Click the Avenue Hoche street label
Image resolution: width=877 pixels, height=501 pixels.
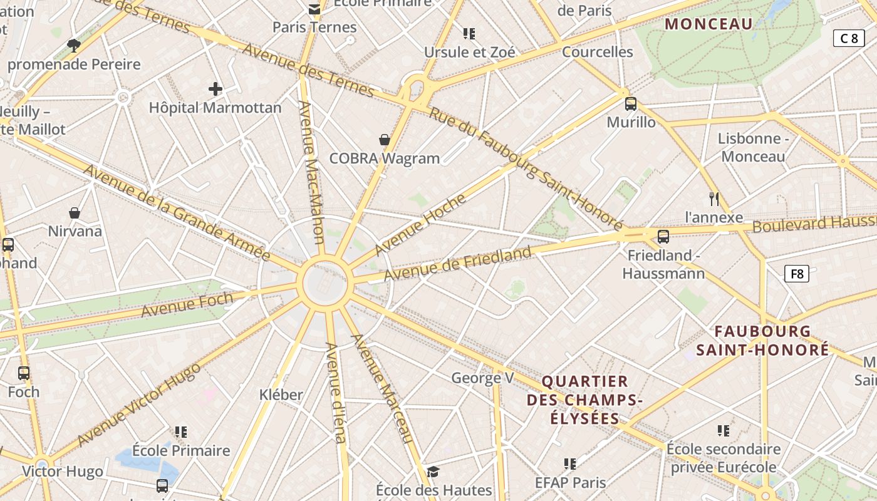(421, 225)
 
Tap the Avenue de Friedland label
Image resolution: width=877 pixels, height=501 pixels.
(457, 264)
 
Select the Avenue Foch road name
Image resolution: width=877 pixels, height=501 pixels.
(187, 304)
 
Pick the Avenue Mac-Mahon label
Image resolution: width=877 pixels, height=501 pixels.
(311, 172)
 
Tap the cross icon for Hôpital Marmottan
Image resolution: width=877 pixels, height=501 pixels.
(215, 89)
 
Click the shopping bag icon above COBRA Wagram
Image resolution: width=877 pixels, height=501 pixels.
(385, 140)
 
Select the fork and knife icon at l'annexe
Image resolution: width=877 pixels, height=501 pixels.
(714, 199)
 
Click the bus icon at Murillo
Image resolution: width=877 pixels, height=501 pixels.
(631, 104)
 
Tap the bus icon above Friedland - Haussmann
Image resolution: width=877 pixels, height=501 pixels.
(663, 236)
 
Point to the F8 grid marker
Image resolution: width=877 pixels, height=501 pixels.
(797, 274)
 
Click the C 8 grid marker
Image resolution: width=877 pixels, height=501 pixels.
(849, 38)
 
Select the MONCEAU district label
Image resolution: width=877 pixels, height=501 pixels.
(708, 24)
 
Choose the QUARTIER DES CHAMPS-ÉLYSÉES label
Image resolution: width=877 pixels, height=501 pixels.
(584, 400)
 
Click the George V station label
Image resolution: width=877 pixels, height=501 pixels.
(482, 378)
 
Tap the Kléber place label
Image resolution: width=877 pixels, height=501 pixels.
(281, 395)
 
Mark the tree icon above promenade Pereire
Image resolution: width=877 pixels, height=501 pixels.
(74, 45)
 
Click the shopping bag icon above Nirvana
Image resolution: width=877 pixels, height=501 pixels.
(75, 213)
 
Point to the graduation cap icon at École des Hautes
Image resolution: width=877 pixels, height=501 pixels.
(433, 472)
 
